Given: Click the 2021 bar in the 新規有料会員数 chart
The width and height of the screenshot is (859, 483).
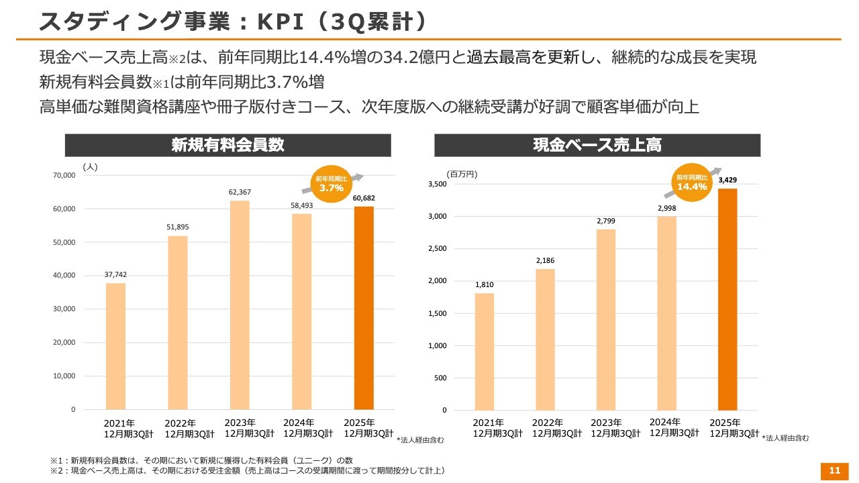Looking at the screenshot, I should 115,346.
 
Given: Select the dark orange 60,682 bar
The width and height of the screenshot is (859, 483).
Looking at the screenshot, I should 364,308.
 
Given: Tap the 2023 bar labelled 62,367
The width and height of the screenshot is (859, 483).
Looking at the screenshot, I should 240,305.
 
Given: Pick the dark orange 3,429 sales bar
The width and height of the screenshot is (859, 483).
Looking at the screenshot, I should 727,299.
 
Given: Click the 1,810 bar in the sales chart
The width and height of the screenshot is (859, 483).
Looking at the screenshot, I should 485,352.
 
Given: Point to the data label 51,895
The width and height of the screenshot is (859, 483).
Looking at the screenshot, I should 178,227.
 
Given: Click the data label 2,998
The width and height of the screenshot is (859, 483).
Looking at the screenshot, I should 666,209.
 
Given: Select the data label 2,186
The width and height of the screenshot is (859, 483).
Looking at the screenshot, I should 545,260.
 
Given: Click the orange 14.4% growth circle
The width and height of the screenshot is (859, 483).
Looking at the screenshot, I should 692,182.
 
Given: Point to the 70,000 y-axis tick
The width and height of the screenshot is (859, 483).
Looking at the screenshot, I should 63,176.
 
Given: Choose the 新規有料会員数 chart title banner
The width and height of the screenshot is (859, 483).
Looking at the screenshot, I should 228,145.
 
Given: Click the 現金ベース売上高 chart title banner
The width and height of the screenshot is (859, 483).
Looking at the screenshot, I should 597,145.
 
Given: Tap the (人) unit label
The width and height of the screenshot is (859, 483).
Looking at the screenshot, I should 90,167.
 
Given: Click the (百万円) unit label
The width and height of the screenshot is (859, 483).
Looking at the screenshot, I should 462,174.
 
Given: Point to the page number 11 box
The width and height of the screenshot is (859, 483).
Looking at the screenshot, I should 834,470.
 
